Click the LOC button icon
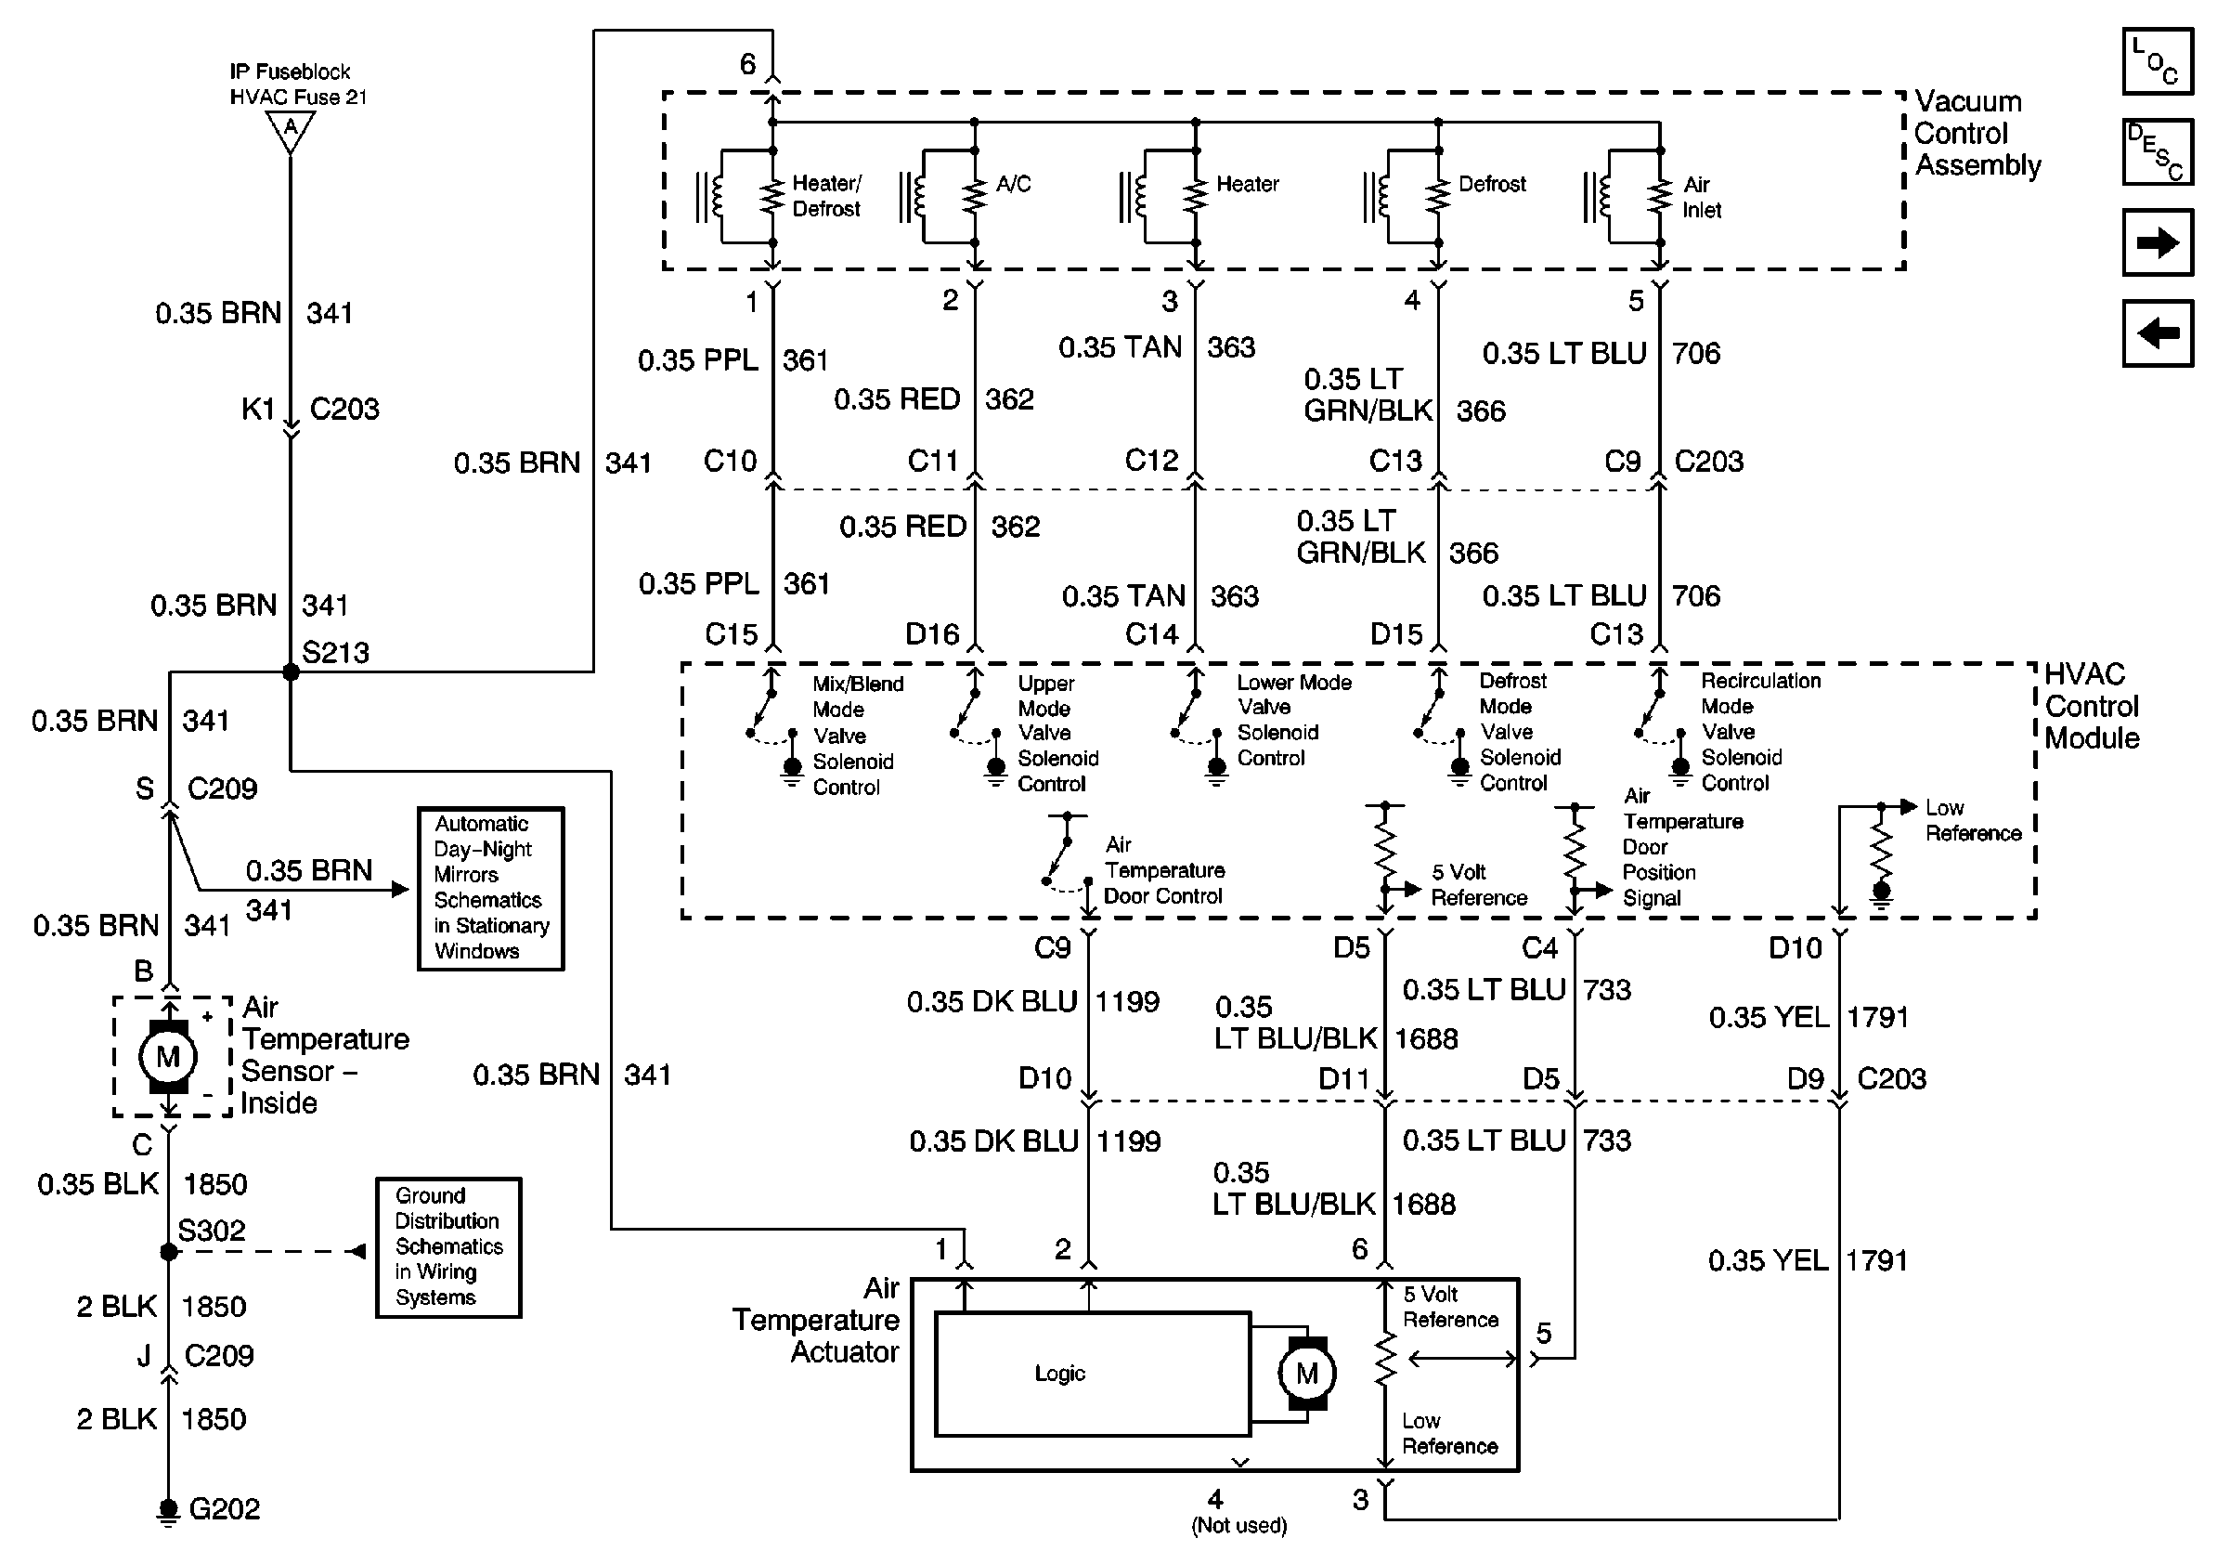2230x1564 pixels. pos(2158,61)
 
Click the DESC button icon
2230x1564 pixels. pos(2158,151)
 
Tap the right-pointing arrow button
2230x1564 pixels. pos(2158,241)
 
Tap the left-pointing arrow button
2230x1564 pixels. pos(2158,333)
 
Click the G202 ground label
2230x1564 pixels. pos(225,1508)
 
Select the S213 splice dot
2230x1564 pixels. pos(291,672)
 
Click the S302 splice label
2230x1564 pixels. pos(212,1231)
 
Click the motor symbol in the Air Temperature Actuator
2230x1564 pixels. pos(1306,1373)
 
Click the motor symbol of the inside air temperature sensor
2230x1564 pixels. pos(169,1057)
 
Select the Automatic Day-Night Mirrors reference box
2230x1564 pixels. pos(490,888)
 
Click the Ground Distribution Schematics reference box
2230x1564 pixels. pos(448,1247)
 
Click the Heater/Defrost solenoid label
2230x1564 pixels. pos(826,196)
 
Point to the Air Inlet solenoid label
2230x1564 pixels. pos(1702,197)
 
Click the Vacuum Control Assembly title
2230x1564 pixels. pos(1977,134)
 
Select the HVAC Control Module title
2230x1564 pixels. pos(2091,706)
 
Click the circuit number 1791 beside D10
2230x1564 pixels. pos(1876,1017)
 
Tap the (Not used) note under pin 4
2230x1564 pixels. pos(1238,1525)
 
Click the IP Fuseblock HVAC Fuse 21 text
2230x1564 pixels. pos(298,85)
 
